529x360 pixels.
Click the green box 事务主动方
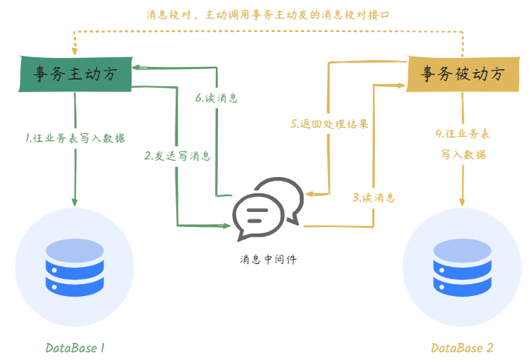tap(74, 75)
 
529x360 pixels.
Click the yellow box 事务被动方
tap(462, 74)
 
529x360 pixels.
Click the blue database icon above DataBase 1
tap(74, 266)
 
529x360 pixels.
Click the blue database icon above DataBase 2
tap(463, 266)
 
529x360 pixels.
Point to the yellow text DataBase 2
tap(462, 347)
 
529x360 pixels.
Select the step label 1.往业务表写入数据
tap(74, 138)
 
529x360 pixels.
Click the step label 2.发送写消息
tap(177, 156)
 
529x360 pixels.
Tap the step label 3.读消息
tap(373, 198)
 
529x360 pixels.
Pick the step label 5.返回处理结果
tap(329, 123)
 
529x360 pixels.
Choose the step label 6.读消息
tap(217, 97)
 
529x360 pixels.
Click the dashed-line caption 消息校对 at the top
tap(268, 14)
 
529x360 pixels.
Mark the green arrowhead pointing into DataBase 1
tap(74, 203)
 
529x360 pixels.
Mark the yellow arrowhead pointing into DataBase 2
tap(463, 203)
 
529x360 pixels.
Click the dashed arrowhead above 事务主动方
tap(73, 50)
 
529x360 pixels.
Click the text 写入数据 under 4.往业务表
tap(463, 155)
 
